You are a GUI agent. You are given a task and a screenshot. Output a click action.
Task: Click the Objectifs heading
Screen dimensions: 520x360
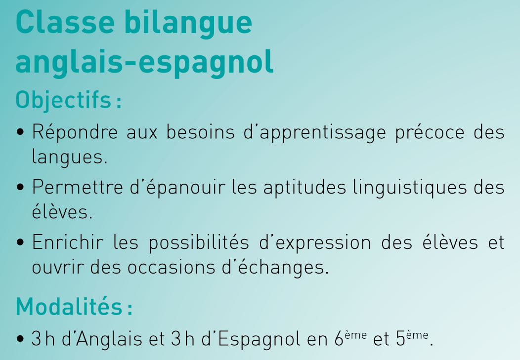[68, 100]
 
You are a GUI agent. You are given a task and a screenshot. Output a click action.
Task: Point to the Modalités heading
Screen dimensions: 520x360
[74, 306]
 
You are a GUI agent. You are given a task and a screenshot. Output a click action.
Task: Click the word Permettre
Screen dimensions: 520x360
[78, 187]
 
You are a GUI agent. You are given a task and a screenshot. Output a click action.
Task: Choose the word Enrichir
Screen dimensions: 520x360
[68, 242]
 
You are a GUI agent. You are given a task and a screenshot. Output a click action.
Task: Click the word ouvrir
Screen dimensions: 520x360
[57, 267]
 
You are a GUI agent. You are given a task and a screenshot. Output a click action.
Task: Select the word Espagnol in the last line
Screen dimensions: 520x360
[259, 339]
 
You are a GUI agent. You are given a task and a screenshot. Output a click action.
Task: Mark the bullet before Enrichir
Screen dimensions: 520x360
[20, 242]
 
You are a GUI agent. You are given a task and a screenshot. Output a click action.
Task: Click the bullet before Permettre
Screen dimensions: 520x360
[20, 188]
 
